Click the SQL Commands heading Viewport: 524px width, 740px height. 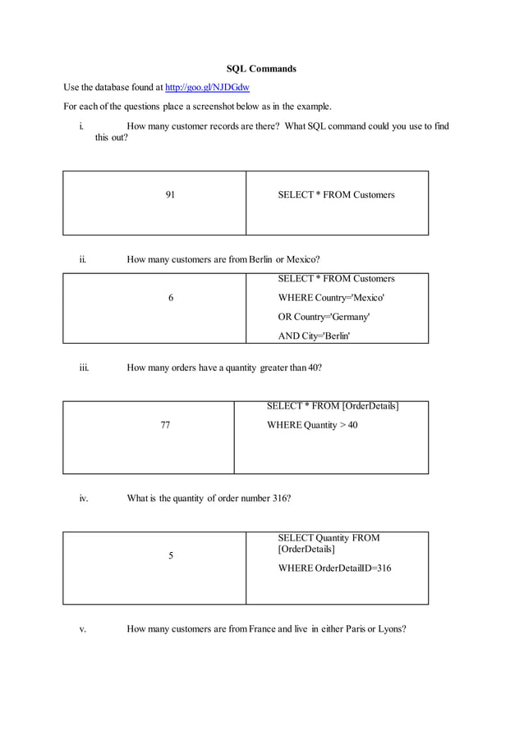pyautogui.click(x=261, y=69)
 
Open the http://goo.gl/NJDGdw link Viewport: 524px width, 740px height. pyautogui.click(x=207, y=87)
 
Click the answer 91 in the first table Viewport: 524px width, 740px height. pyautogui.click(x=170, y=195)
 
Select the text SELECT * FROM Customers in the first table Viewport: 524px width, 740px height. pyautogui.click(x=336, y=195)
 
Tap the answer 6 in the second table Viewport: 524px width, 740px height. pyautogui.click(x=171, y=298)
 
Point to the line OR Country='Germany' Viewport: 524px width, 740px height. pyautogui.click(x=324, y=316)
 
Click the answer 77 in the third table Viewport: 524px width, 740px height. pyautogui.click(x=165, y=425)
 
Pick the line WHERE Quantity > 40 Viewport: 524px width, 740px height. pyautogui.click(x=312, y=425)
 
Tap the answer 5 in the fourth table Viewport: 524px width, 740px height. pyautogui.click(x=171, y=555)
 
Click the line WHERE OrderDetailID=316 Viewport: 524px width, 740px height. pyautogui.click(x=334, y=568)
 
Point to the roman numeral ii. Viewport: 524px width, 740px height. pyautogui.click(x=83, y=260)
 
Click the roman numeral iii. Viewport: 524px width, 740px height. pyautogui.click(x=84, y=368)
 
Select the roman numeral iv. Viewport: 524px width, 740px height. pyautogui.click(x=84, y=498)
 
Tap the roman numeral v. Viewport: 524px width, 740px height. pyautogui.click(x=83, y=629)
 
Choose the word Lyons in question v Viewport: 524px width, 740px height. pyautogui.click(x=390, y=629)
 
